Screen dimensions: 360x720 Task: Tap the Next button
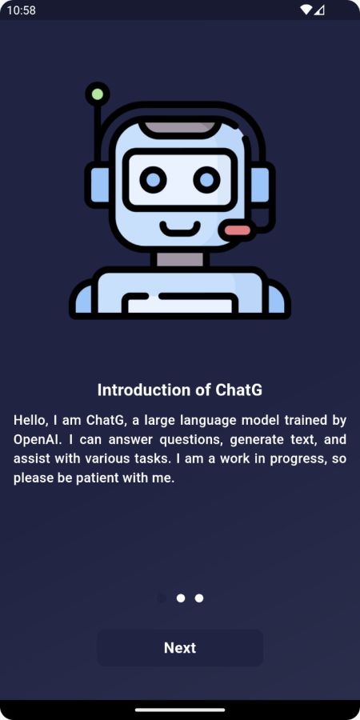180,647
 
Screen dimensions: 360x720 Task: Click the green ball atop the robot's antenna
98,94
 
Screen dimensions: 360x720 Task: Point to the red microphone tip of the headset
237,230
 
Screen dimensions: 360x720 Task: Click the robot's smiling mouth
180,228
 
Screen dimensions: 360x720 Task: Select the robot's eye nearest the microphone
207,179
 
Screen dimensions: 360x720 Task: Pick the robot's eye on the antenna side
153,179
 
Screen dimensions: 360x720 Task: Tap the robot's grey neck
180,259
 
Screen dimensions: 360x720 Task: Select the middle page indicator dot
181,598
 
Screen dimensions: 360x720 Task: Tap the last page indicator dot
199,598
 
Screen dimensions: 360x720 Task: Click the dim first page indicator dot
162,598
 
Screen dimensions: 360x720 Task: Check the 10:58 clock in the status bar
21,10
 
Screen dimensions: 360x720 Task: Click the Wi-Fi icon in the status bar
306,10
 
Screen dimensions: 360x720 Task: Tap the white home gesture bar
180,710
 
